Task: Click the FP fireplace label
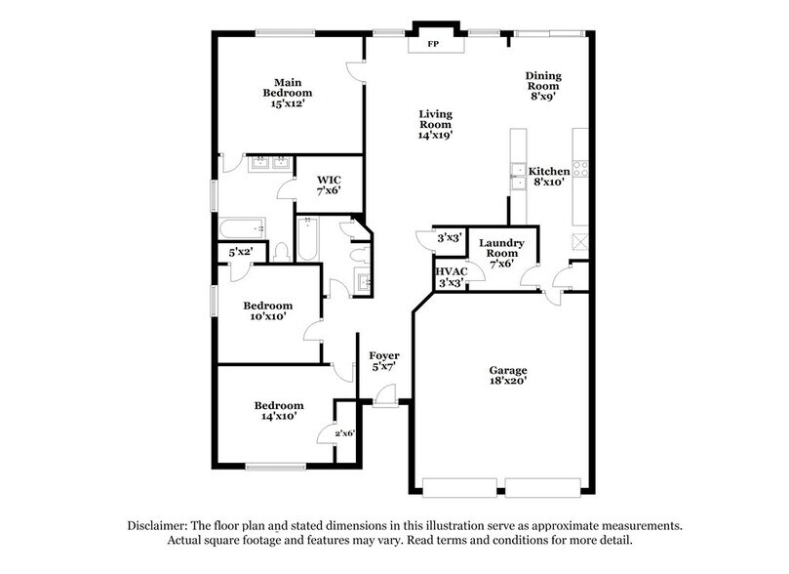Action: pyautogui.click(x=433, y=45)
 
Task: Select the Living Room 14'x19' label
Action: pyautogui.click(x=435, y=124)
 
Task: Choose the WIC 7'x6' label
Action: pyautogui.click(x=329, y=185)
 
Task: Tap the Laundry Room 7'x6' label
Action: pyautogui.click(x=501, y=250)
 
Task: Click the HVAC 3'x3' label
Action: pyautogui.click(x=451, y=276)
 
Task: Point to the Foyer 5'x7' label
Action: pyautogui.click(x=384, y=361)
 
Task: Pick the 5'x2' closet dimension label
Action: pyautogui.click(x=240, y=253)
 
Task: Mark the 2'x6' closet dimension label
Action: pyautogui.click(x=345, y=432)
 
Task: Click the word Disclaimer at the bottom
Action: pyautogui.click(x=161, y=525)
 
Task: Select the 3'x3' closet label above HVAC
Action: pyautogui.click(x=450, y=237)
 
